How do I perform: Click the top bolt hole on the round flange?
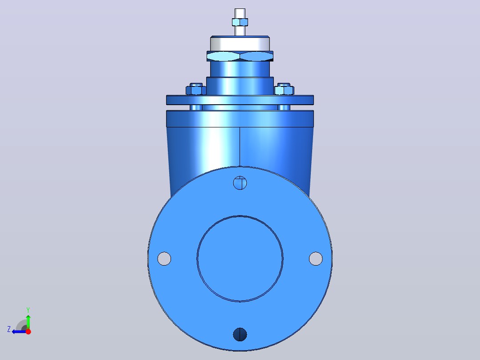[x=240, y=183]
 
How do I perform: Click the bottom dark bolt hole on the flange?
[x=240, y=334]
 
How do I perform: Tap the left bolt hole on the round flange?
[x=164, y=258]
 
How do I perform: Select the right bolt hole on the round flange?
[x=316, y=258]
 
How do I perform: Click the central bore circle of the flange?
[x=240, y=216]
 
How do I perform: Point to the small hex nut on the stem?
[x=240, y=22]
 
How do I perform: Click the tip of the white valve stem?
[x=240, y=9]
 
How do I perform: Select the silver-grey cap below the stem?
[x=240, y=44]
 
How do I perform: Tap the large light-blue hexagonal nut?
[x=240, y=57]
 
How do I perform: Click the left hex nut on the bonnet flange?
[x=196, y=90]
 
